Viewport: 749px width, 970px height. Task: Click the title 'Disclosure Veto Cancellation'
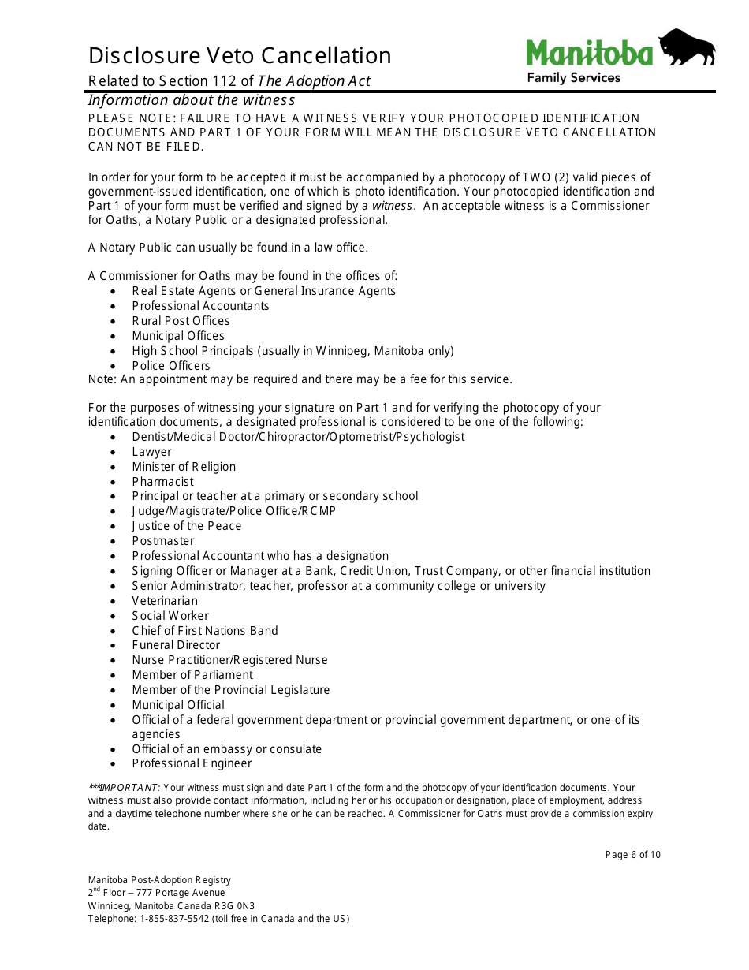[x=240, y=55]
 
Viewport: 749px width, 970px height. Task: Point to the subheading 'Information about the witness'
[x=191, y=100]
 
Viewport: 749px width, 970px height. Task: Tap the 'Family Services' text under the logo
[x=573, y=77]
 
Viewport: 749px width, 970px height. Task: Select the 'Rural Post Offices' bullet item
[x=181, y=321]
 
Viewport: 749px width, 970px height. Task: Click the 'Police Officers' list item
[x=171, y=366]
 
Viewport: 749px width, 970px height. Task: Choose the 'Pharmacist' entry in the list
[x=162, y=482]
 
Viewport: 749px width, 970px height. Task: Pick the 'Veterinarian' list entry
[x=165, y=601]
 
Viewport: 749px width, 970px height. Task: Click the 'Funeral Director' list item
[x=176, y=645]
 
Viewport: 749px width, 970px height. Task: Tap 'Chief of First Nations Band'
[x=205, y=631]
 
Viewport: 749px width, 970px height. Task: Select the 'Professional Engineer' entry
[x=192, y=763]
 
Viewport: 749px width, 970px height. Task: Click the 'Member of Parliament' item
[x=192, y=675]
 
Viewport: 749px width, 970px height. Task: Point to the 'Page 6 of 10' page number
[x=632, y=855]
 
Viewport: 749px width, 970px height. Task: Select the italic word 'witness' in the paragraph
[x=392, y=206]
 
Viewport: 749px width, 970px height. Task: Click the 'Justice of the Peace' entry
[x=187, y=526]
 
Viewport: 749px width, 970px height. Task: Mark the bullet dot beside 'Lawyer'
[x=114, y=453]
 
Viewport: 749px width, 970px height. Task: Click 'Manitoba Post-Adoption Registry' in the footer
[x=159, y=880]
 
